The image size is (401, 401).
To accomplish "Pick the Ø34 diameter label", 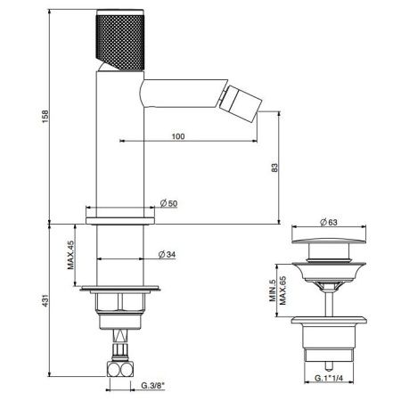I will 168,254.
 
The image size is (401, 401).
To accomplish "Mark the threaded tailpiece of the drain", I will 328,352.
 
